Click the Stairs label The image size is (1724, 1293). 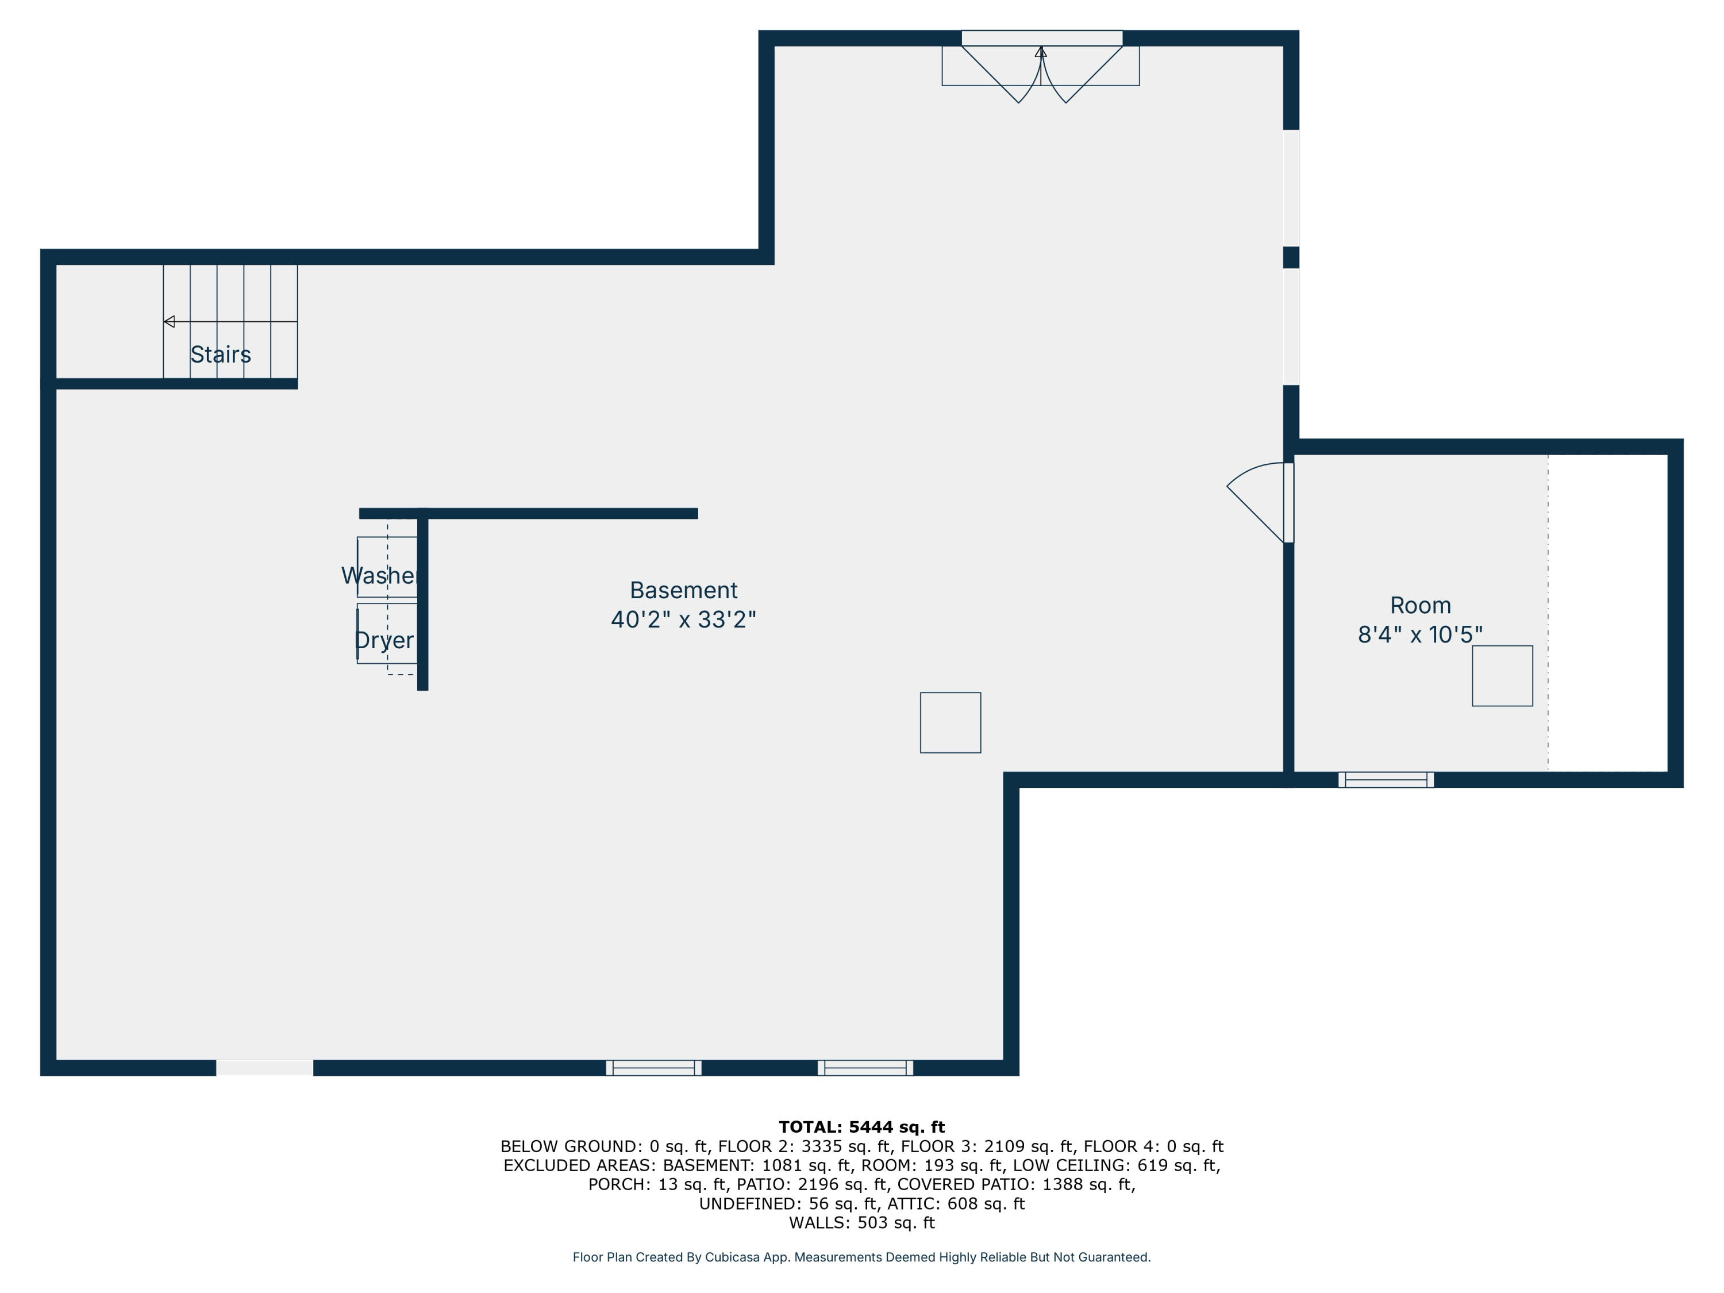coord(221,355)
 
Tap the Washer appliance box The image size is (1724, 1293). coord(387,567)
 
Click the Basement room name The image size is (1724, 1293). coord(683,590)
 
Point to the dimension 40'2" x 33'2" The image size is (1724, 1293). coord(683,619)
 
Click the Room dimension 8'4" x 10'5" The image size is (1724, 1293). coord(1420,634)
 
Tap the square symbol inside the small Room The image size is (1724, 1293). coord(1502,676)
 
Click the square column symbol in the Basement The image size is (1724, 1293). coord(950,722)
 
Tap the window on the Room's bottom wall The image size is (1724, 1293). coord(1386,779)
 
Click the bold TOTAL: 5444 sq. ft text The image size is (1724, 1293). coord(861,1127)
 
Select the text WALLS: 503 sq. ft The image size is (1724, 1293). coord(861,1223)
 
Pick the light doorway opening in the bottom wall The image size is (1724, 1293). coord(264,1068)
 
